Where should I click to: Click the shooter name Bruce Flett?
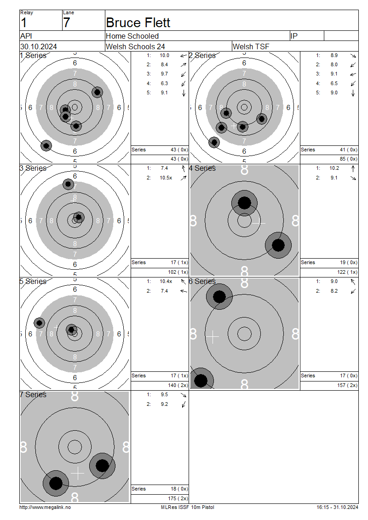point(138,23)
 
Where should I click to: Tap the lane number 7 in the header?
point(67,23)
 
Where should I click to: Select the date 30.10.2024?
point(39,46)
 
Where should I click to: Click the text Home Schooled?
point(132,36)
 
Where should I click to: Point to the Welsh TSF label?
point(251,46)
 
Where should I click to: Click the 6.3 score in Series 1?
point(164,83)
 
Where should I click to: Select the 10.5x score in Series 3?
point(166,178)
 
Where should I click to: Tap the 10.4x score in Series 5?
point(166,281)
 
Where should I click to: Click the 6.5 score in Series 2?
point(334,83)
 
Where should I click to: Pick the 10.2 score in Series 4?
point(334,168)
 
